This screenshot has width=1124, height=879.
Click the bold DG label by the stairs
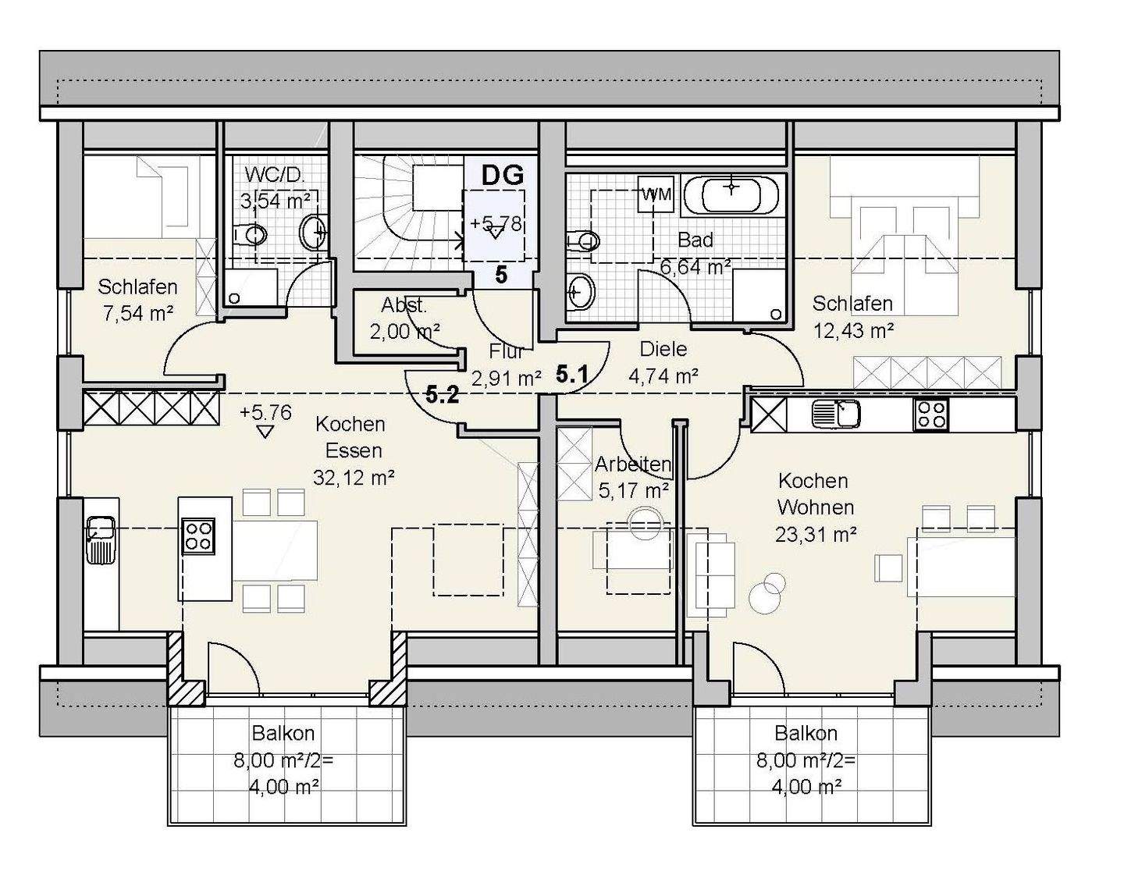[502, 175]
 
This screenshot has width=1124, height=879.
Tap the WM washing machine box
[656, 194]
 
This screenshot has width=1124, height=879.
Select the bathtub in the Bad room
[731, 195]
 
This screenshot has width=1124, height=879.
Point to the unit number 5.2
[443, 396]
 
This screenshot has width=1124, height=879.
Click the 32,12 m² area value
[354, 477]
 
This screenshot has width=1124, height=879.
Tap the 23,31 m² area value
[816, 534]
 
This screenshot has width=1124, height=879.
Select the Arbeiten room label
[633, 464]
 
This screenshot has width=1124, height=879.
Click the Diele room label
[663, 349]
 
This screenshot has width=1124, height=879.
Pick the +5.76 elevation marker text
[265, 412]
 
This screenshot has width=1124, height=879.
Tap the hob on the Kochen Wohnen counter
[931, 415]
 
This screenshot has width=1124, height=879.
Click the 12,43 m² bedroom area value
[854, 330]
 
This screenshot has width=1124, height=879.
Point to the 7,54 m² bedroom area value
[137, 313]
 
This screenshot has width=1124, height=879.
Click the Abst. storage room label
[404, 305]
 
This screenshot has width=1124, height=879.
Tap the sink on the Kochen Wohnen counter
[836, 415]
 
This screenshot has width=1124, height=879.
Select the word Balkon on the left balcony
[283, 733]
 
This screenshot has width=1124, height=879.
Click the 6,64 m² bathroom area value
[695, 267]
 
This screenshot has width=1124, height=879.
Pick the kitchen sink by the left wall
[101, 539]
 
